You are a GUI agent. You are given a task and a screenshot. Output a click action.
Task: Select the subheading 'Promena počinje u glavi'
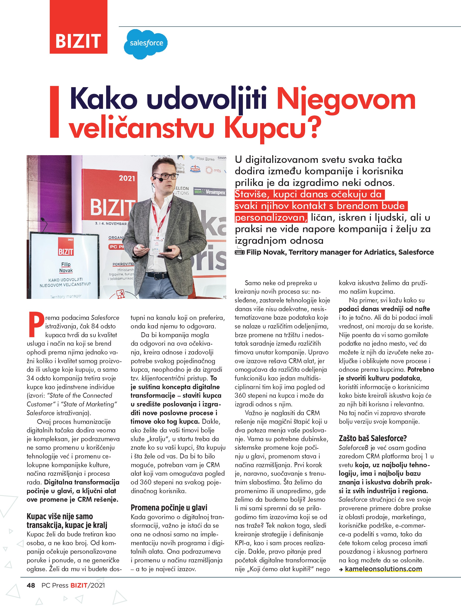click(x=169, y=507)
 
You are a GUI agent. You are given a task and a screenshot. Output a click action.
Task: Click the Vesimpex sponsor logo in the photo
click(x=210, y=192)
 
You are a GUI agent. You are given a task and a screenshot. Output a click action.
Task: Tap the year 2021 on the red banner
click(x=127, y=178)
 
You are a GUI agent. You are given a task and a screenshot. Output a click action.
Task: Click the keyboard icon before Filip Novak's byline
click(x=240, y=252)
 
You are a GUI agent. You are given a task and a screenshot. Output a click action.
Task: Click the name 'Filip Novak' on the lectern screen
click(x=66, y=267)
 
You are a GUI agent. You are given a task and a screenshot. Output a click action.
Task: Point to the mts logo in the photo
click(x=214, y=170)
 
